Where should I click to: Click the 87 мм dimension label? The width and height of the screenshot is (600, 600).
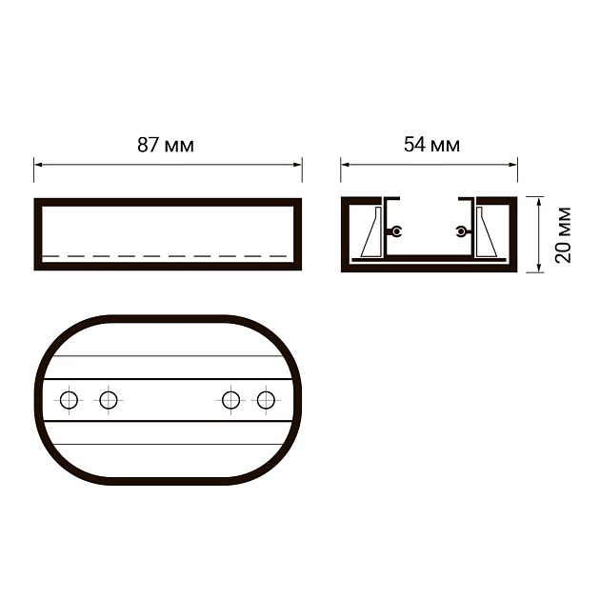click(x=166, y=145)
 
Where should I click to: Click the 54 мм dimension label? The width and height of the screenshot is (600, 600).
click(x=431, y=145)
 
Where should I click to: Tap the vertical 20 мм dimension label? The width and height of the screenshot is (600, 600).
click(x=563, y=234)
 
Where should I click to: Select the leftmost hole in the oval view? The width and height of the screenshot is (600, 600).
click(x=70, y=400)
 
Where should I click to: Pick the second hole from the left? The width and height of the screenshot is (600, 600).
click(x=109, y=400)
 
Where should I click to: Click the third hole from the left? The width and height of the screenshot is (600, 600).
click(x=231, y=400)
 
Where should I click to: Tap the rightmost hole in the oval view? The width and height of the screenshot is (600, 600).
click(x=266, y=400)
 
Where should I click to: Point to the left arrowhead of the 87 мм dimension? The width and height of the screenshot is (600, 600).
click(x=38, y=165)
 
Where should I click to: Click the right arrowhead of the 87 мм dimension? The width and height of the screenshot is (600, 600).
click(x=298, y=165)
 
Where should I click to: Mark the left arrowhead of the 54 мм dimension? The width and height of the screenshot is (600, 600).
click(x=345, y=165)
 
